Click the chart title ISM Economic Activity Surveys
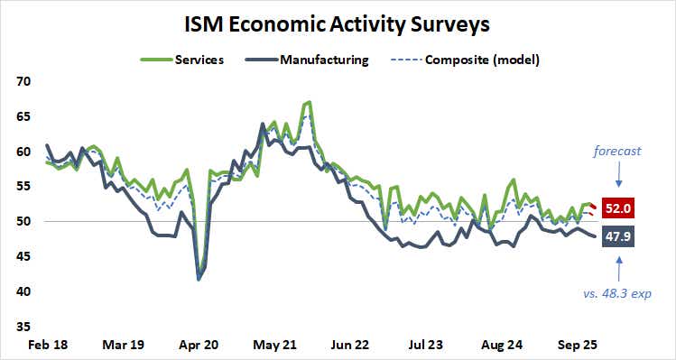pyautogui.click(x=338, y=21)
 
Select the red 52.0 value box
pyautogui.click(x=617, y=208)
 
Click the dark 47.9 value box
pyautogui.click(x=617, y=237)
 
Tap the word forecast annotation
pyautogui.click(x=616, y=151)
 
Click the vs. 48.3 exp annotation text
pyautogui.click(x=616, y=293)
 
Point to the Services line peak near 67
pyautogui.click(x=310, y=102)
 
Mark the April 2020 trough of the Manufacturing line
pyautogui.click(x=199, y=280)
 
